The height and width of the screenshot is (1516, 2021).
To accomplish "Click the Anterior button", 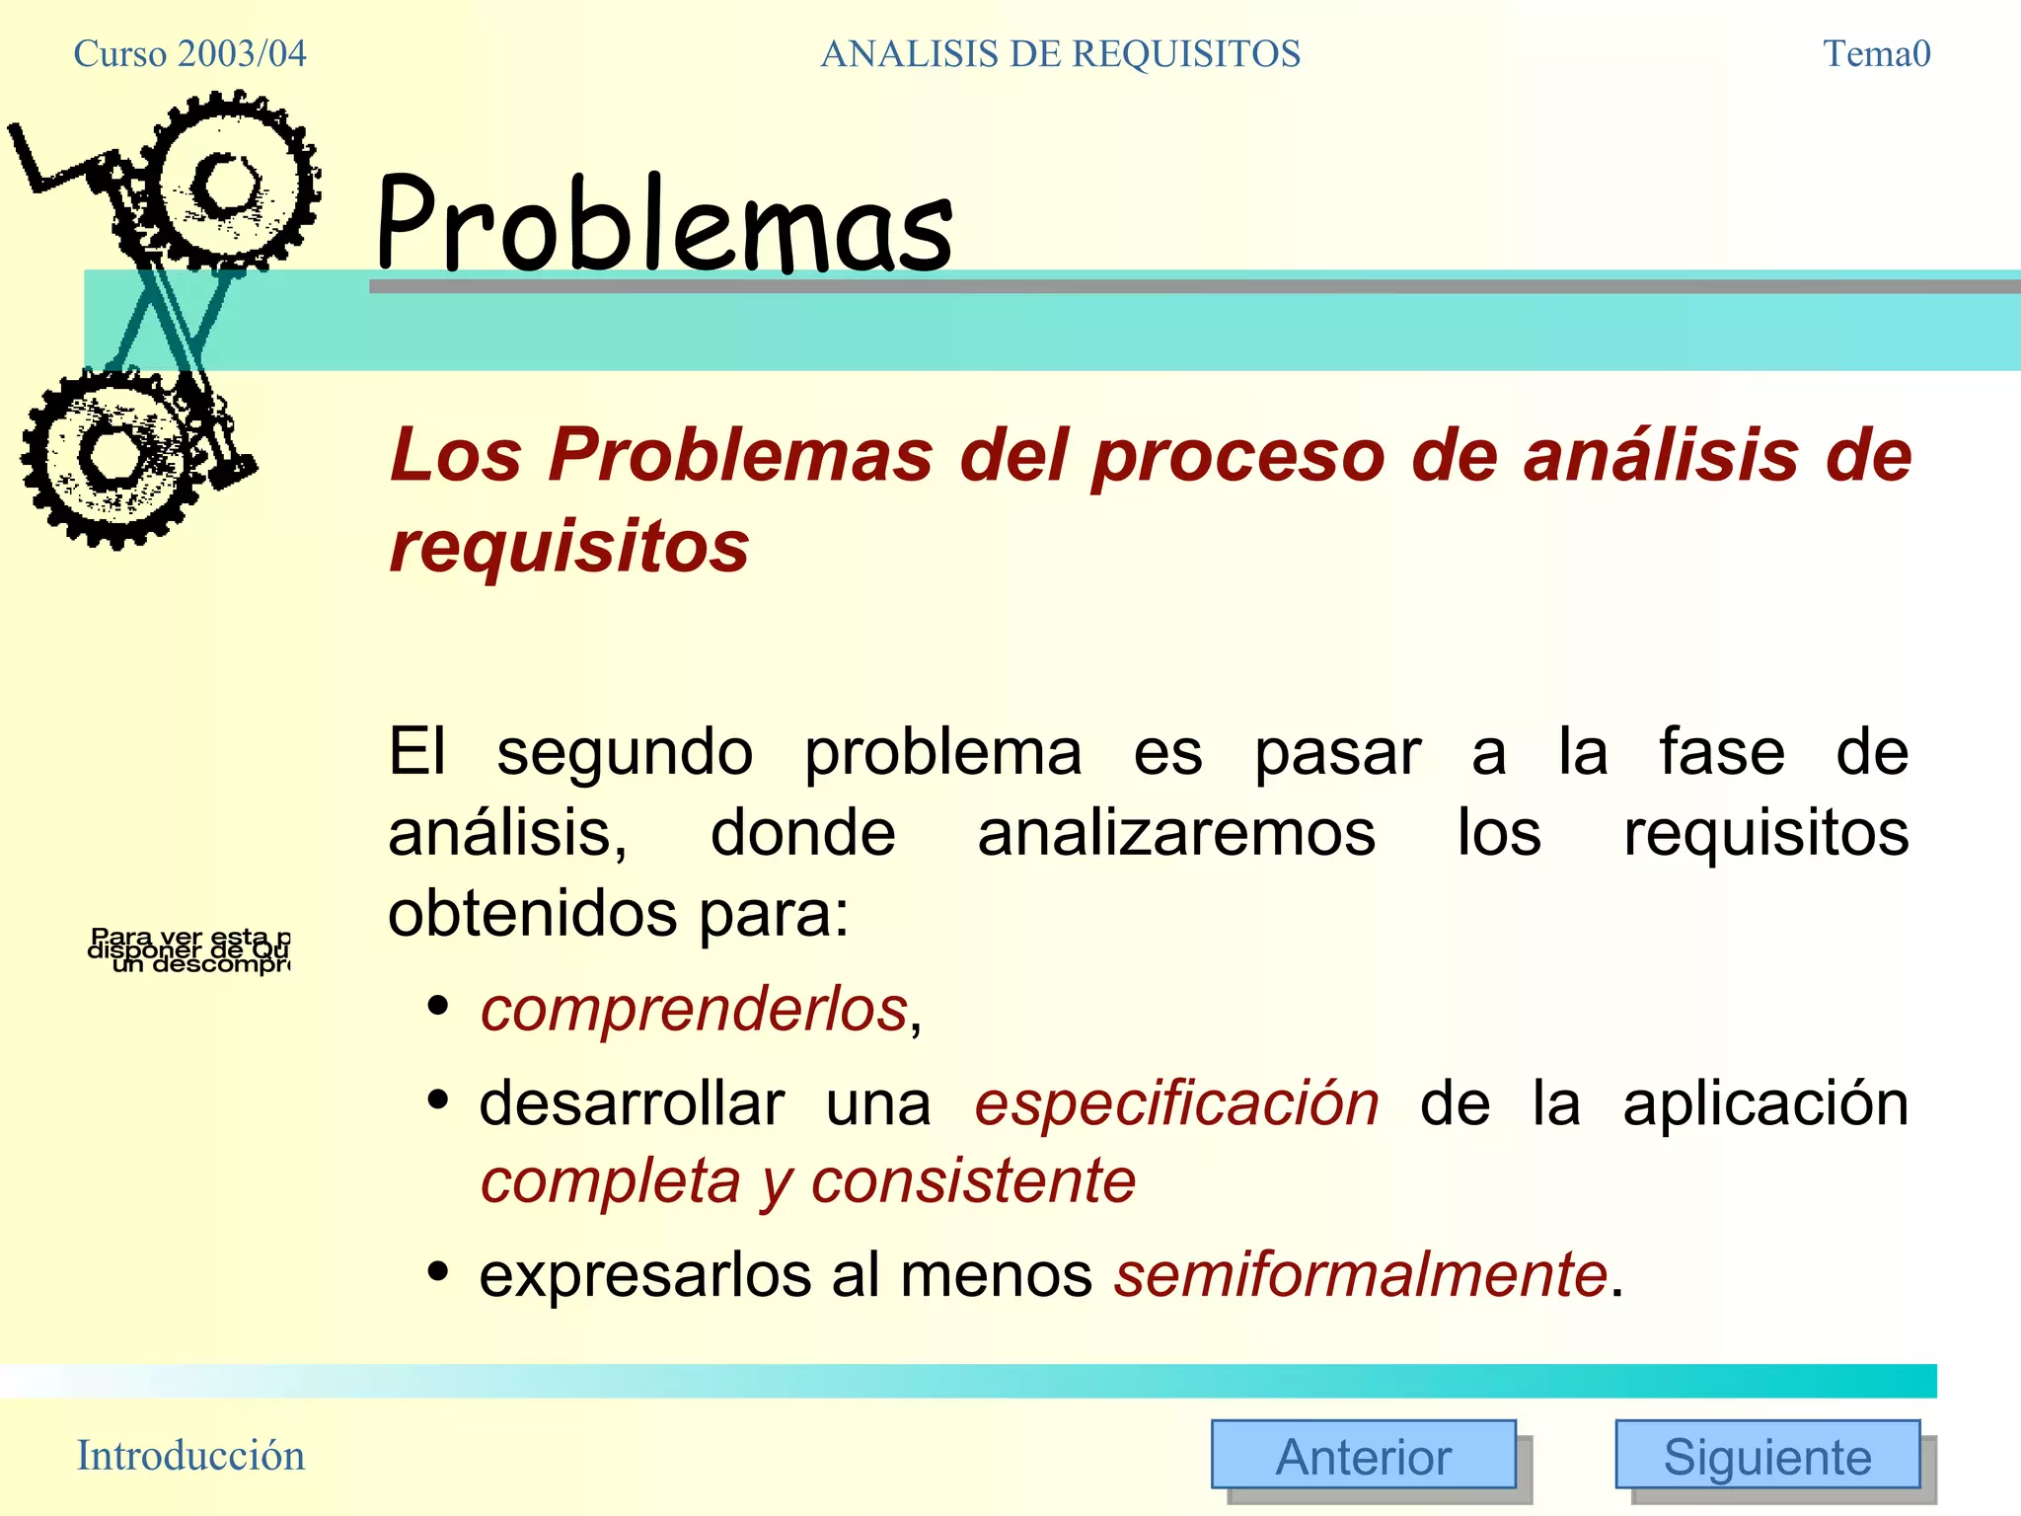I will coord(1363,1454).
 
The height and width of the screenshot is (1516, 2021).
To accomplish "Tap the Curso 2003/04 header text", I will coord(189,53).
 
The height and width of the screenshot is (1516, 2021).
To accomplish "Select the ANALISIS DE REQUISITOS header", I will coord(1060,53).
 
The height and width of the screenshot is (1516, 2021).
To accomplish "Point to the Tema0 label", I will coord(1876,53).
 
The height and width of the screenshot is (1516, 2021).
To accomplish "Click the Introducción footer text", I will coord(190,1456).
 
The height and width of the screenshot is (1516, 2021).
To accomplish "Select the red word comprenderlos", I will coord(694,1010).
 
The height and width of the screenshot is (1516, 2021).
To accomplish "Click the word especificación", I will coord(1176,1102).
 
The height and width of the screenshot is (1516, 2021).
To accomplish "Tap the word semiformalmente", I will coord(1361,1274).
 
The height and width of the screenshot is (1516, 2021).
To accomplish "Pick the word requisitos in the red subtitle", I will coord(569,546).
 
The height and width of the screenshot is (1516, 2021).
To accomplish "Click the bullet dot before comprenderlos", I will coord(439,1008).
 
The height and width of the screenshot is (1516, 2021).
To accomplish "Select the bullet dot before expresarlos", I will coord(439,1271).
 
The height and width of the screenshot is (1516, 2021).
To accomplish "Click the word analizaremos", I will coord(1176,834).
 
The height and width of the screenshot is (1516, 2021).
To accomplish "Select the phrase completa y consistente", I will coord(807,1181).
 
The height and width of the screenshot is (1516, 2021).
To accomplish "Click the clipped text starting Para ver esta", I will coord(189,950).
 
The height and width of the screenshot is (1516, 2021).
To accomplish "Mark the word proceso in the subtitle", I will coord(1238,456).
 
